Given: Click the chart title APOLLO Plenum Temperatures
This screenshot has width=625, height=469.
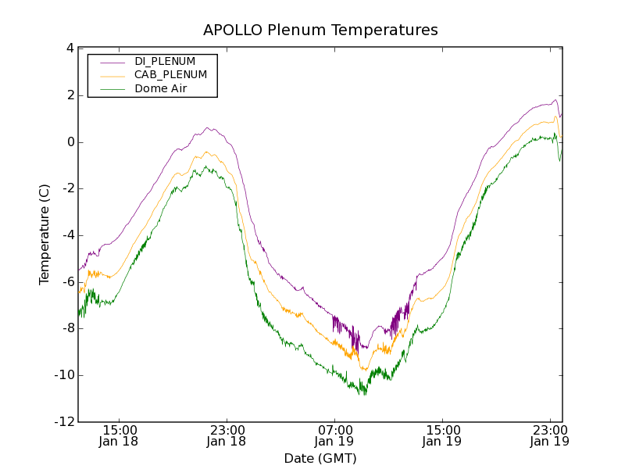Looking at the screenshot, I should (x=320, y=30).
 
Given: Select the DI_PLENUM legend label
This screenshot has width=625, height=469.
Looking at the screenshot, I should (x=165, y=61).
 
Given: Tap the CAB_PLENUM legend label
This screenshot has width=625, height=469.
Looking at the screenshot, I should (x=170, y=75).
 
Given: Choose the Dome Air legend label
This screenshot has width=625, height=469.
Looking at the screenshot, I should (x=160, y=89).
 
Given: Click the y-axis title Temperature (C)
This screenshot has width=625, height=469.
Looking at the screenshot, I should (x=45, y=234).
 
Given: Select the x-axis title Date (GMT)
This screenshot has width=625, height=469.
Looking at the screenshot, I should (x=320, y=458).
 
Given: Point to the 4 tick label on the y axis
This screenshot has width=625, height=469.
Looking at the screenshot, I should (x=70, y=48).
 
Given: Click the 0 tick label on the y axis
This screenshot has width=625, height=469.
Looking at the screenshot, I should (x=70, y=142).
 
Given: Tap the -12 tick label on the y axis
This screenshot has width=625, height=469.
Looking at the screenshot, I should (x=64, y=423).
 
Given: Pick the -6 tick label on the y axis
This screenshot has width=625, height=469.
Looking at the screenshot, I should (x=66, y=282).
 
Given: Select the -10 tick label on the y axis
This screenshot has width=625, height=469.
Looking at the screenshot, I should (x=64, y=376).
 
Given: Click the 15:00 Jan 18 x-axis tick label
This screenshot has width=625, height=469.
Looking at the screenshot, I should (x=119, y=435).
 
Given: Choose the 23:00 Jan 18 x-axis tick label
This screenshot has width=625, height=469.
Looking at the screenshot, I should (x=227, y=435).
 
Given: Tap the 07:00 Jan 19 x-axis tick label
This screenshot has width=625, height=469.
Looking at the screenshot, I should (x=334, y=435).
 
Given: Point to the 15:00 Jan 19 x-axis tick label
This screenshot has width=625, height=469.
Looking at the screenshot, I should (x=442, y=435).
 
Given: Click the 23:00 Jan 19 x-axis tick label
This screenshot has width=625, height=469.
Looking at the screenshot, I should (x=550, y=435).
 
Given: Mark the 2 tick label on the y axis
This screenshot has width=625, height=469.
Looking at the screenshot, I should (x=70, y=95).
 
